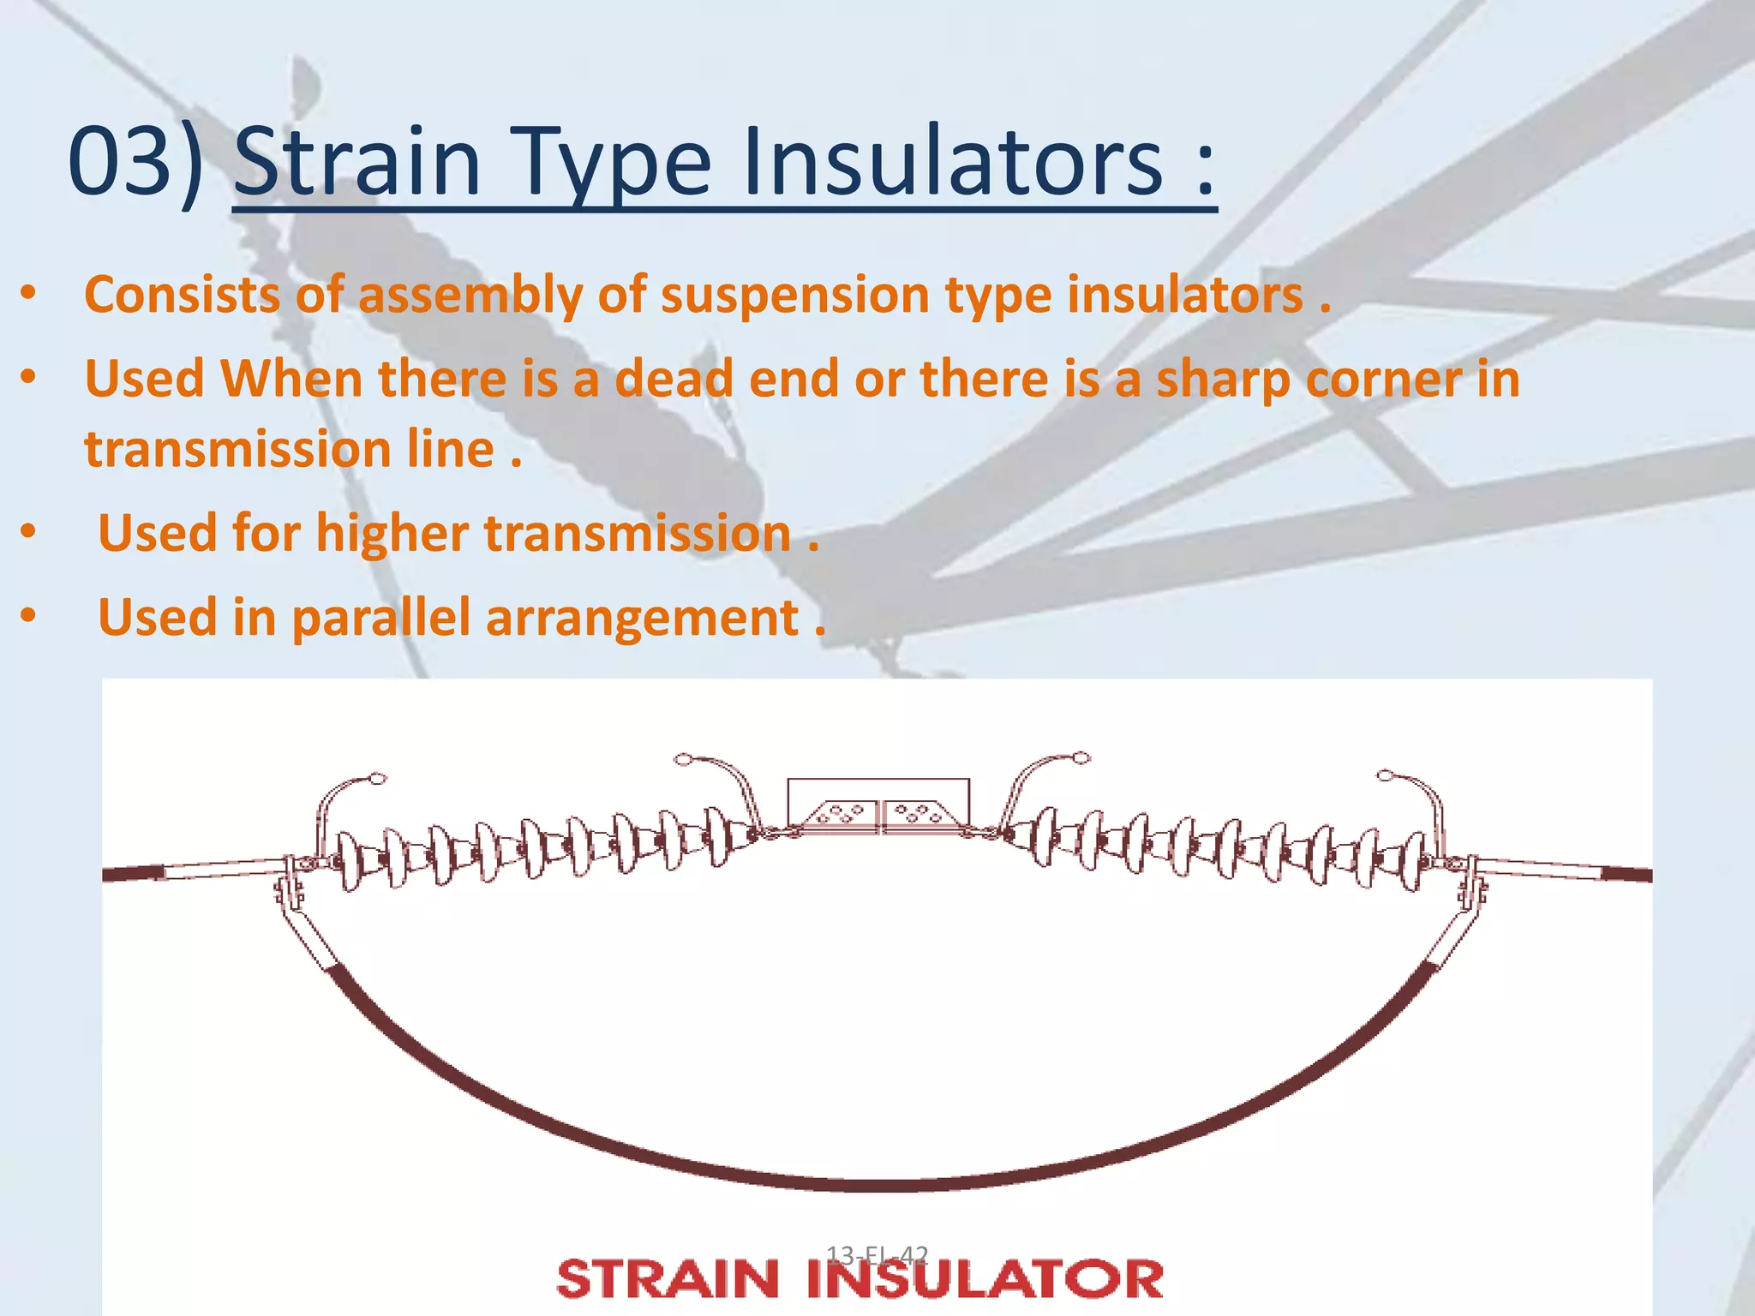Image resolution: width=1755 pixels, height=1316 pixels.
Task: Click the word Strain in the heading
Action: coord(356,161)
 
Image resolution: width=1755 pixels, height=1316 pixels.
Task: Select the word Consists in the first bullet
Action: coord(182,295)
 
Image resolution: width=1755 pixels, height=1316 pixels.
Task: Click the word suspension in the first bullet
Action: coord(794,295)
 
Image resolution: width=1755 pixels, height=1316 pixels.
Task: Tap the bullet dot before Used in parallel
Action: coord(28,616)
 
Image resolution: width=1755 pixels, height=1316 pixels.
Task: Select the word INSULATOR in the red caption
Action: coord(985,1280)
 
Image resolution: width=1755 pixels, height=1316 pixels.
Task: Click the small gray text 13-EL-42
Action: coord(877,1255)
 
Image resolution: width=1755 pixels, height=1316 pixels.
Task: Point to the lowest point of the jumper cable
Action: coord(878,1186)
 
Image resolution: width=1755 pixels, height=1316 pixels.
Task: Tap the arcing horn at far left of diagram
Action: coord(343,797)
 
